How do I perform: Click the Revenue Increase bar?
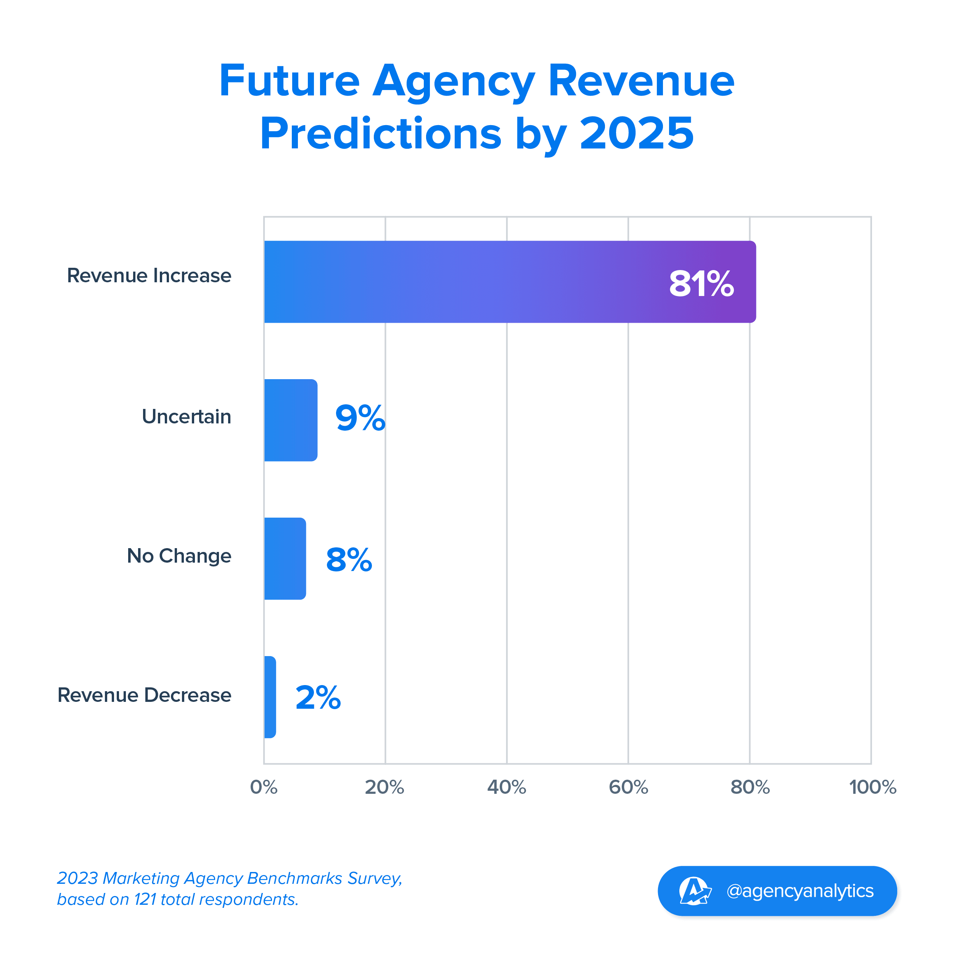point(510,282)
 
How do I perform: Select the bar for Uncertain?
point(290,420)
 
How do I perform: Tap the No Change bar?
point(285,558)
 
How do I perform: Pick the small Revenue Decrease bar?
point(270,697)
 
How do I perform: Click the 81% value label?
point(701,284)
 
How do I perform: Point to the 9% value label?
point(360,418)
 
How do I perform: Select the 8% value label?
point(349,560)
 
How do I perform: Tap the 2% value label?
point(318,698)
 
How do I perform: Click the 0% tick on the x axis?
point(264,787)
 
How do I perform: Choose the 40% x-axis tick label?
point(507,787)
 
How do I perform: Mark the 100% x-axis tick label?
point(872,787)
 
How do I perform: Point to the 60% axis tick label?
point(628,787)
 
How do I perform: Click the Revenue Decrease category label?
point(144,695)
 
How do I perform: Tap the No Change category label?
point(179,556)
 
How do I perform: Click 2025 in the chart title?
point(637,134)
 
